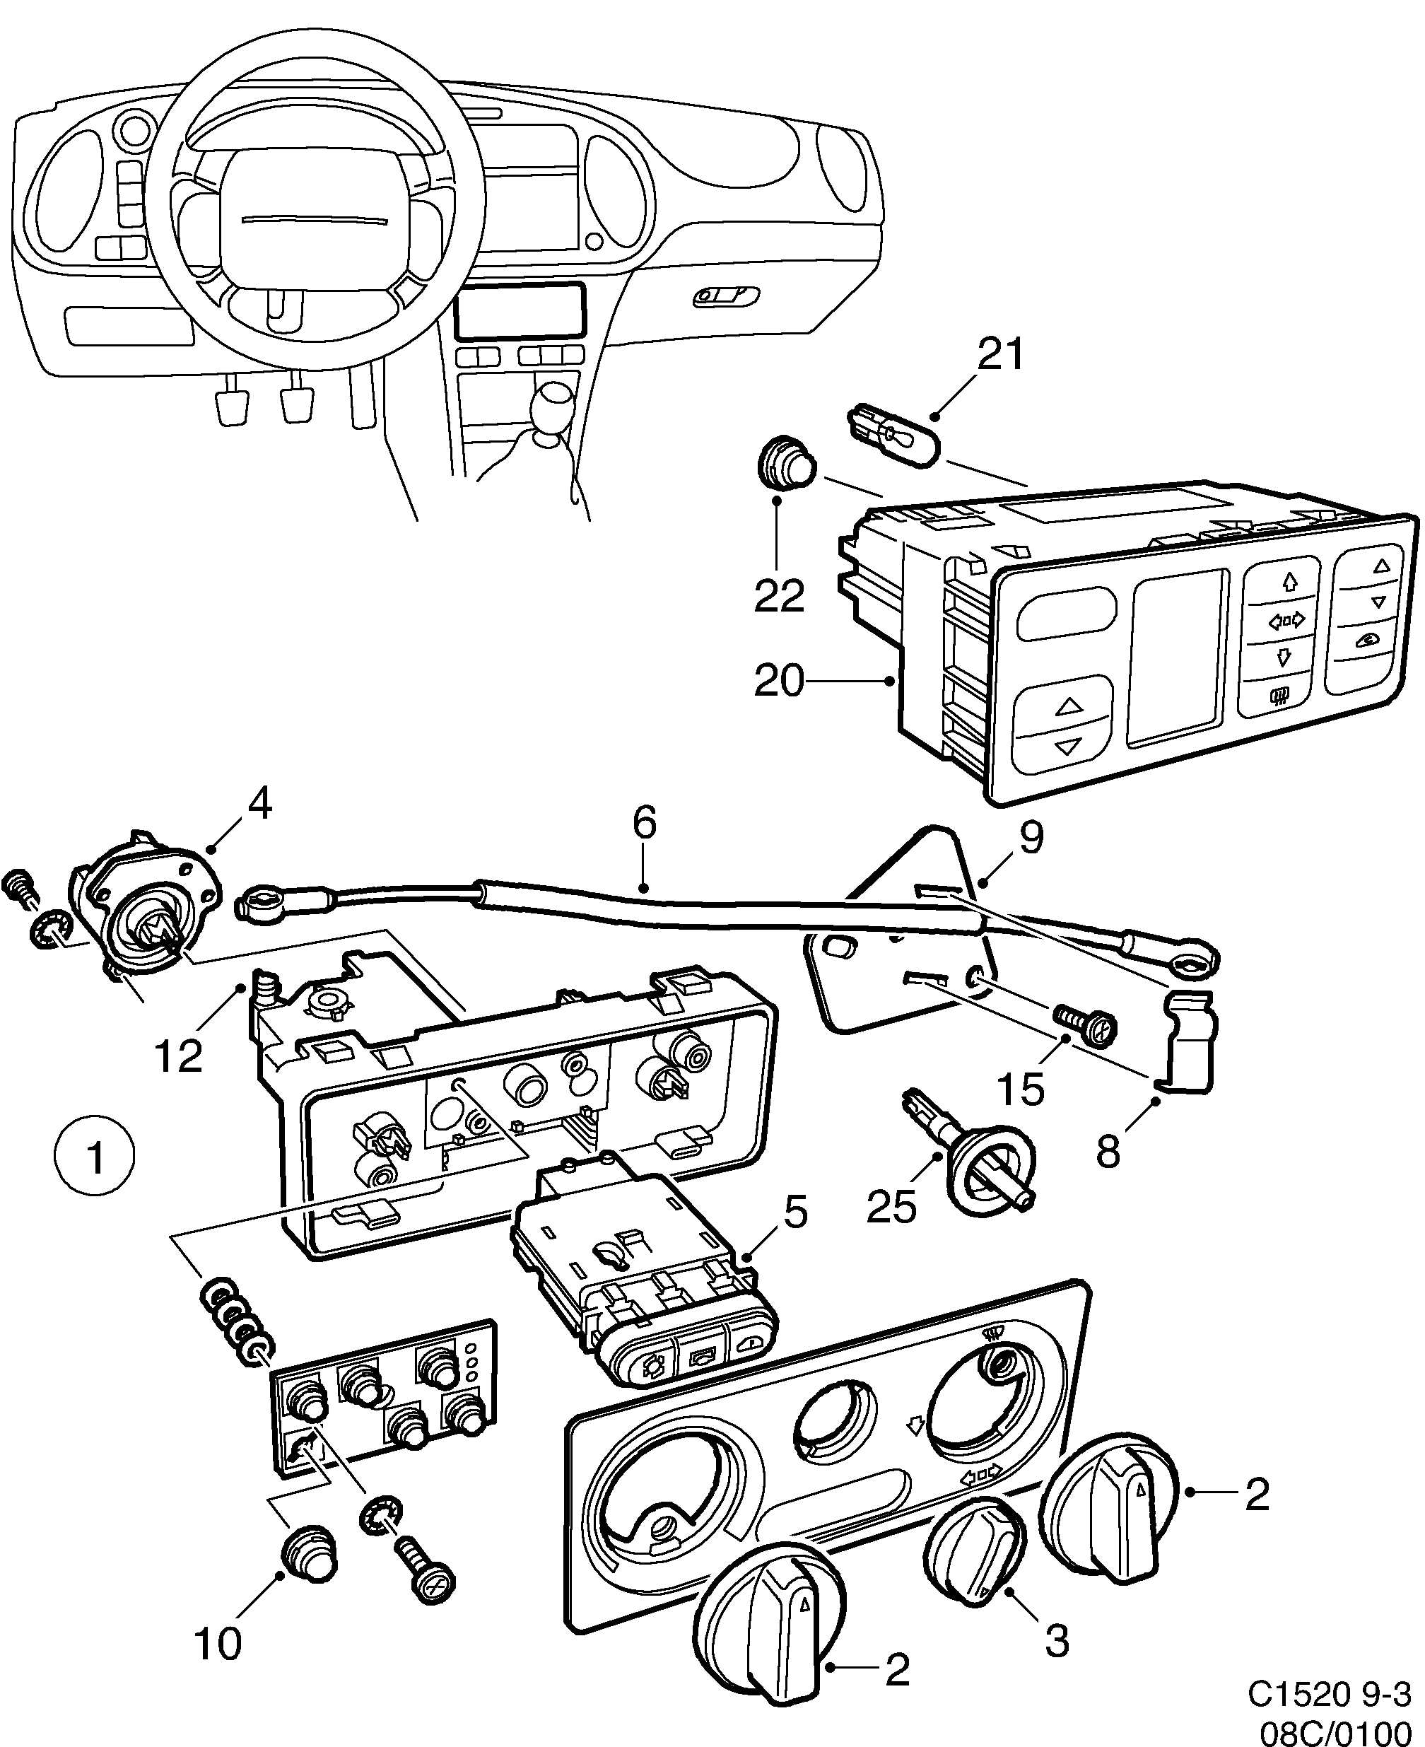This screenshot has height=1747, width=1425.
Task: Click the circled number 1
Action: [95, 1158]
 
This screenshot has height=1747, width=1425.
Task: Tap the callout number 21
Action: [1001, 355]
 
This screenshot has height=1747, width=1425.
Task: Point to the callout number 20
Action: [779, 681]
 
